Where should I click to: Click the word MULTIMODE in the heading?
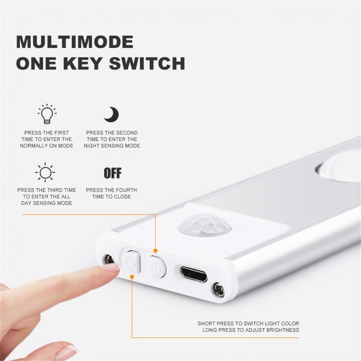pyautogui.click(x=75, y=42)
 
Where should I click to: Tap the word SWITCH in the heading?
pyautogui.click(x=147, y=63)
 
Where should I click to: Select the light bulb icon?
pyautogui.click(x=47, y=114)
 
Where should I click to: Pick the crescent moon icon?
pyautogui.click(x=112, y=114)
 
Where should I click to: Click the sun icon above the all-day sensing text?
pyautogui.click(x=45, y=173)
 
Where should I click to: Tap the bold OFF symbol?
pyautogui.click(x=113, y=173)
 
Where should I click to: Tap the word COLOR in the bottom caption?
pyautogui.click(x=290, y=323)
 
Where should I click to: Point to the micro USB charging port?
pyautogui.click(x=194, y=274)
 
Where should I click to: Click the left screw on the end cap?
pyautogui.click(x=109, y=260)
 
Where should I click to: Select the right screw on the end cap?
pyautogui.click(x=218, y=289)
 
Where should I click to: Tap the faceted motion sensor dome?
pyautogui.click(x=205, y=225)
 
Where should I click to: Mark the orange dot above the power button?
pyautogui.click(x=155, y=251)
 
